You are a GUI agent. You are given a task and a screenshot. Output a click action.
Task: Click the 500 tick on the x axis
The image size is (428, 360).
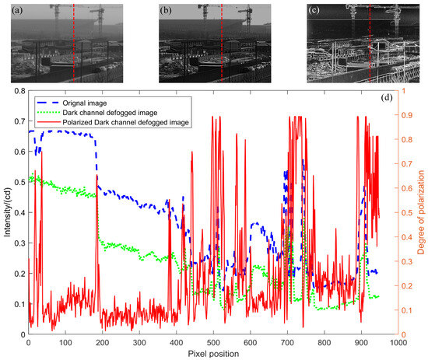pos(213,341)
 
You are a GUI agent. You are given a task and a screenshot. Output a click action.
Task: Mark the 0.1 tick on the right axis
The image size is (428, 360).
pos(408,309)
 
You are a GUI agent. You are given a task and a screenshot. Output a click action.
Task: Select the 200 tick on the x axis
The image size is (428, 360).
pos(102,341)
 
